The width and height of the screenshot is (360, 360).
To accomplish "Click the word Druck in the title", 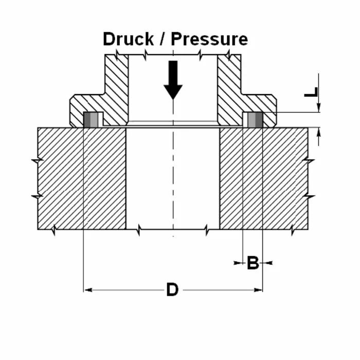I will point(128,39).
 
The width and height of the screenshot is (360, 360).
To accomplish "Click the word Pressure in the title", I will point(209,39).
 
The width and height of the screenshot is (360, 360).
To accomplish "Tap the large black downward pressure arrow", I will point(173,80).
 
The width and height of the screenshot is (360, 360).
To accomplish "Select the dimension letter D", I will point(172,290).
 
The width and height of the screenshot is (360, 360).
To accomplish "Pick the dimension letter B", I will point(253,263).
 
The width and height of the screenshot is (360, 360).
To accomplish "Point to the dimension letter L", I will point(311,92).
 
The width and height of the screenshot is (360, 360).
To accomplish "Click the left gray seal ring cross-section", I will point(91,120).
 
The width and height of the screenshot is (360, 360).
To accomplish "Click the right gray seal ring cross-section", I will point(254,120).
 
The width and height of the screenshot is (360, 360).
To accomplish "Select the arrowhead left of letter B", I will point(239,263).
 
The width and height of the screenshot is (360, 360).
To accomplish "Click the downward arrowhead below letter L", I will point(319,107).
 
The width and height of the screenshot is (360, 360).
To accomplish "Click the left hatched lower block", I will point(82,177).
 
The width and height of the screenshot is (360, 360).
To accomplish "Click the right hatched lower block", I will point(263,177).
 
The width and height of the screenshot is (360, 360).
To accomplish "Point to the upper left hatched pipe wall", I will point(116,85).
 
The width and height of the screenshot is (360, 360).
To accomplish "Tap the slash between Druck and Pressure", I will point(163,39).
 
